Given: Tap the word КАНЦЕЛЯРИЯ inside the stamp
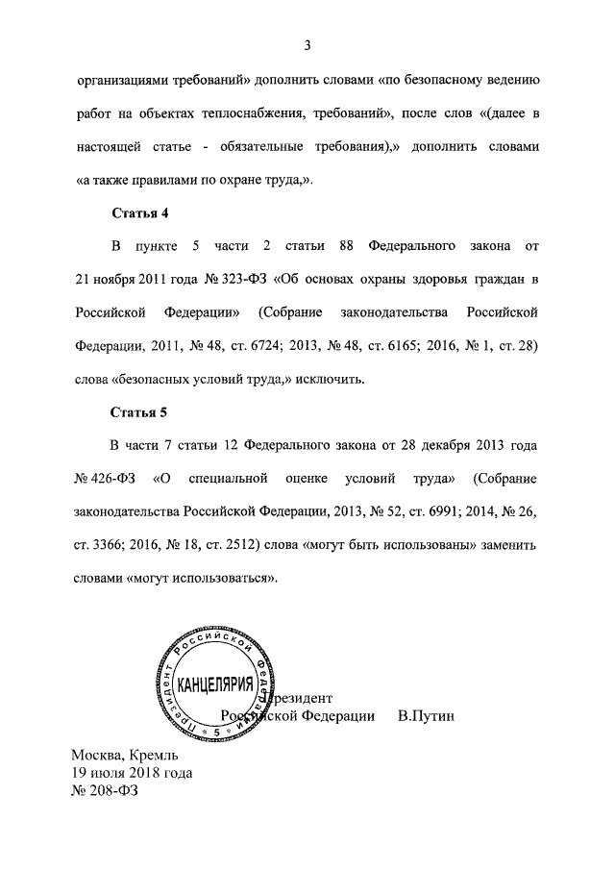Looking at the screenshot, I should tap(216, 685).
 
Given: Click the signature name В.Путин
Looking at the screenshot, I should tap(425, 716).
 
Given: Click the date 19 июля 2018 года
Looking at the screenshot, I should tap(131, 773).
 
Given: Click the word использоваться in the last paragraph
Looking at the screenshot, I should tap(228, 578).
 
